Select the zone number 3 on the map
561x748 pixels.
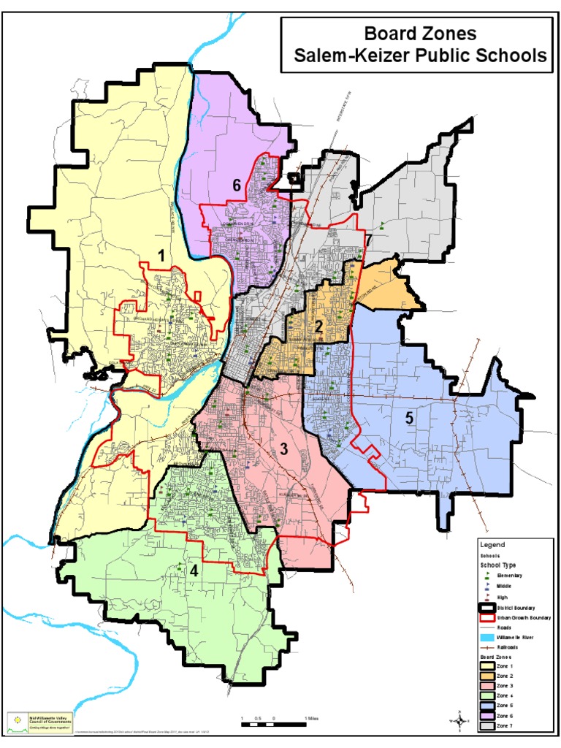pos(283,449)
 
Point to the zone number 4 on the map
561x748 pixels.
pos(194,571)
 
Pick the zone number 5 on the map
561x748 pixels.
pos(410,419)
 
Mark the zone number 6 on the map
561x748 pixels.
pos(237,186)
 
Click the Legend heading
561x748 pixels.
pos(492,544)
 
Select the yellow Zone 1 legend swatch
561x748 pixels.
pos(486,665)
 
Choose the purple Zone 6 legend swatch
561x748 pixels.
pos(486,716)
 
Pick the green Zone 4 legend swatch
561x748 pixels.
pos(486,695)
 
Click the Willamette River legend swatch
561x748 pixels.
pos(486,637)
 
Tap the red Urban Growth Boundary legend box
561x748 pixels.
pos(486,617)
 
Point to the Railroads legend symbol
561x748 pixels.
pos(486,647)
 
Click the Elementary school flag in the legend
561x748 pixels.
pos(486,576)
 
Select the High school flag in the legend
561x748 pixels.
pos(486,597)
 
